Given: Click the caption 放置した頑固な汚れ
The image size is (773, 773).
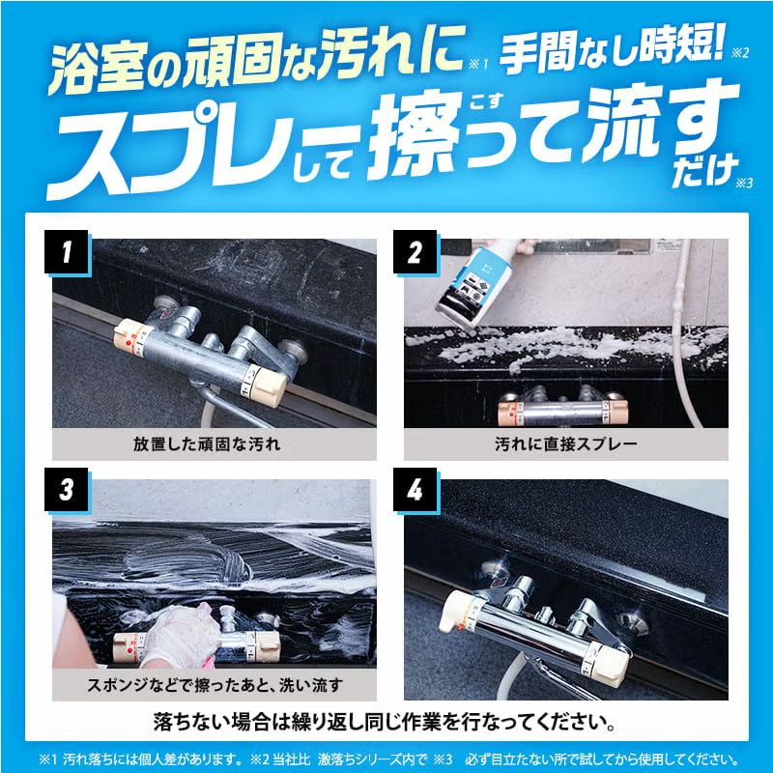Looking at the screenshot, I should tap(215, 445).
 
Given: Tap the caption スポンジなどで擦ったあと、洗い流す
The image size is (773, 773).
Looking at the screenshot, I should tap(215, 686).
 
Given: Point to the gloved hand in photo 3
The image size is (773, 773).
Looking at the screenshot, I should tap(184, 633).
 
